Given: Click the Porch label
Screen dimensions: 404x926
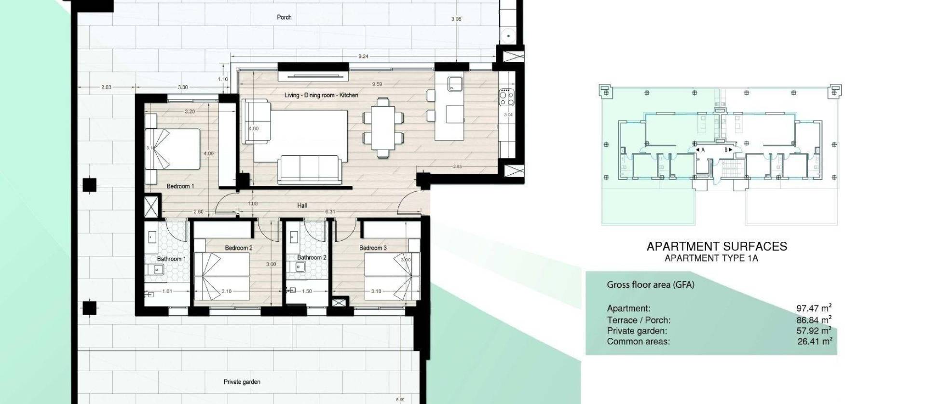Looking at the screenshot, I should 284,17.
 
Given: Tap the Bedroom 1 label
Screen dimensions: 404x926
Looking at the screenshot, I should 180,186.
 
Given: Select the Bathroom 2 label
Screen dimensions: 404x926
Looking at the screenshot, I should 312,258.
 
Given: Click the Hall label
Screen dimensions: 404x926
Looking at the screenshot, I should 302,206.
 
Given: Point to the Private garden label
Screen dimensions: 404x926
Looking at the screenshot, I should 242,382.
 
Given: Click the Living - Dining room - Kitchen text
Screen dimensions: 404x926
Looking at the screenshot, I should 321,95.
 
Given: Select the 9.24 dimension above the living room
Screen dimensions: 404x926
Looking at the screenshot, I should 363,56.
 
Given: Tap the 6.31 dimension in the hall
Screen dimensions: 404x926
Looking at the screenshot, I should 330,212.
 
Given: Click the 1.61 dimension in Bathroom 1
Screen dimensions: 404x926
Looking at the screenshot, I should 167,292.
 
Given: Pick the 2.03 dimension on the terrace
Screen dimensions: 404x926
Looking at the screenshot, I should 106,87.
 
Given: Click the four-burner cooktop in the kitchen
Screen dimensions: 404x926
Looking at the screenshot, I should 506,98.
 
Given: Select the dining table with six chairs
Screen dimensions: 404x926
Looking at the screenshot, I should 383,128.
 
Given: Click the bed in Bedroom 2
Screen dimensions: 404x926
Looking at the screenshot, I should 222,277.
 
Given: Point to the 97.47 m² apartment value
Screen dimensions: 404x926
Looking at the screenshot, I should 814,308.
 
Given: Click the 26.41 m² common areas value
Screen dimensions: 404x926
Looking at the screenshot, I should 815,342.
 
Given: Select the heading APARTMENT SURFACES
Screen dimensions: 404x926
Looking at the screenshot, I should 717,247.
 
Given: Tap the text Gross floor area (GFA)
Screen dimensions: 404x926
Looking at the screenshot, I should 650,285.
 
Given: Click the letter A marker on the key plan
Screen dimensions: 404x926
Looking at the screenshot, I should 703,150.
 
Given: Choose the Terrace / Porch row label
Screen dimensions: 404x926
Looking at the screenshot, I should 639,320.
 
